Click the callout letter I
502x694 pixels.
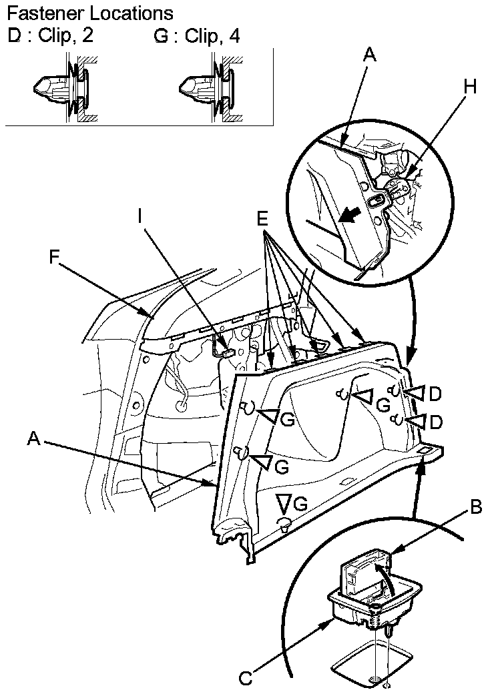click(140, 215)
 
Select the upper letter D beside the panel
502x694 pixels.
click(435, 394)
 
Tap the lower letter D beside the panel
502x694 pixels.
click(435, 422)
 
